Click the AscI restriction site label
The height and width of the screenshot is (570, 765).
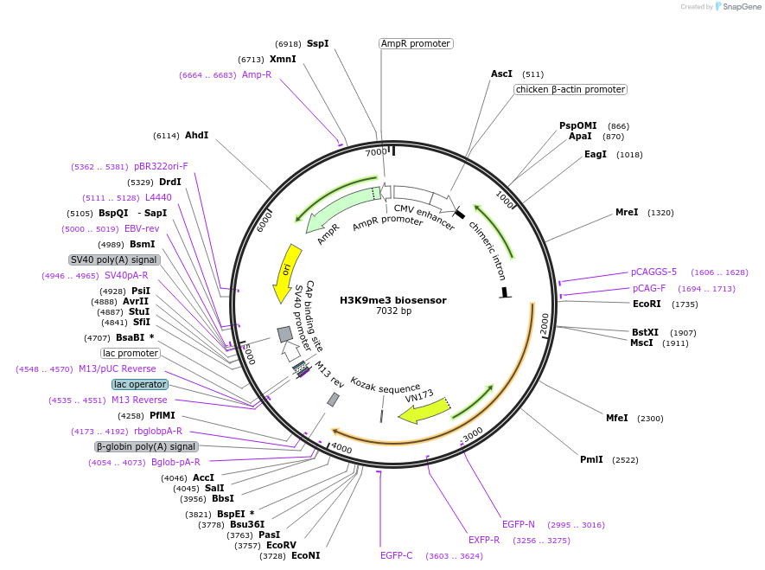click(501, 74)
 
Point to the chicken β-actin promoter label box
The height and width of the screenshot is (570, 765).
click(570, 89)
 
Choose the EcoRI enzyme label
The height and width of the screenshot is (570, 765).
click(647, 304)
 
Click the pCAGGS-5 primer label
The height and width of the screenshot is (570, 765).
click(653, 272)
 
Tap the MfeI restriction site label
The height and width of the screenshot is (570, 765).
click(616, 418)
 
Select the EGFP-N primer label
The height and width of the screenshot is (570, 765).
click(519, 524)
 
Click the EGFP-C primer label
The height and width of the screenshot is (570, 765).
click(397, 555)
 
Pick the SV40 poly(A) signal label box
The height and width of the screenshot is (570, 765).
click(113, 259)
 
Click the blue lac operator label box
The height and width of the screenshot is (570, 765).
click(139, 384)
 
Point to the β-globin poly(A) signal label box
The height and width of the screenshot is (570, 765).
click(146, 446)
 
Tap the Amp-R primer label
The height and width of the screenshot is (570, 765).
click(257, 75)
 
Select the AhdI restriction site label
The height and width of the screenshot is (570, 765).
click(196, 136)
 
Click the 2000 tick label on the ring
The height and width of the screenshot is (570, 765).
click(545, 324)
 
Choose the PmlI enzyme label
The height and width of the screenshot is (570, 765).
click(591, 460)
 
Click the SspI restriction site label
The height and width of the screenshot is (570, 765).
click(317, 43)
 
